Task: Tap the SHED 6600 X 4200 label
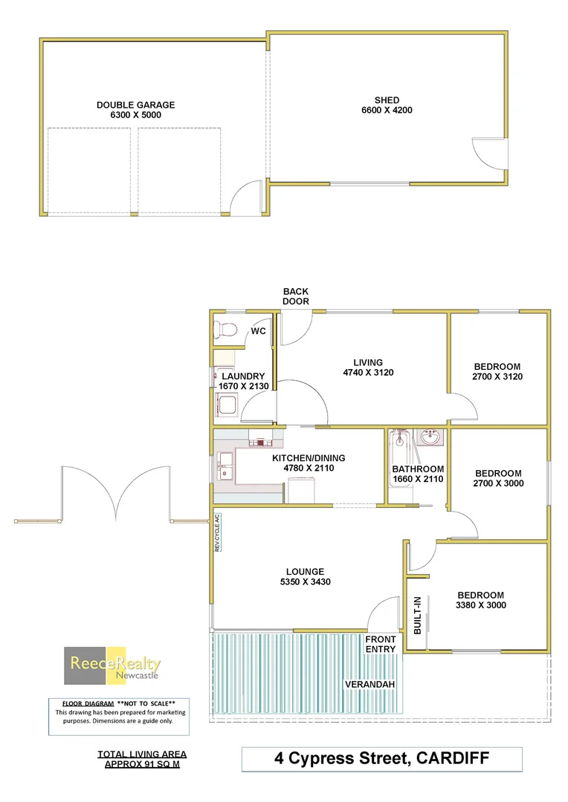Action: click(x=387, y=105)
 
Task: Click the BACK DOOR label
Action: click(x=295, y=296)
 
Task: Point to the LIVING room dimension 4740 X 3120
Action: click(x=368, y=373)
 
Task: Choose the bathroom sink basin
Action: click(x=429, y=438)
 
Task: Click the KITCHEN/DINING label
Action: click(x=308, y=458)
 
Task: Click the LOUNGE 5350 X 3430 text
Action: click(x=300, y=576)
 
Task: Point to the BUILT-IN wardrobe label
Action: click(x=417, y=615)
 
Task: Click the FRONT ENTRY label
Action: click(x=381, y=644)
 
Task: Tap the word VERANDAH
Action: click(x=369, y=684)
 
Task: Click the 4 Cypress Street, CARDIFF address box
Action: click(x=382, y=759)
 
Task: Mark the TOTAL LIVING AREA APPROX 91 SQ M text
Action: click(x=142, y=759)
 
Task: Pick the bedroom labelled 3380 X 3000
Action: click(x=480, y=600)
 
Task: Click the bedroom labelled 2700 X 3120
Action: click(x=497, y=371)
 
